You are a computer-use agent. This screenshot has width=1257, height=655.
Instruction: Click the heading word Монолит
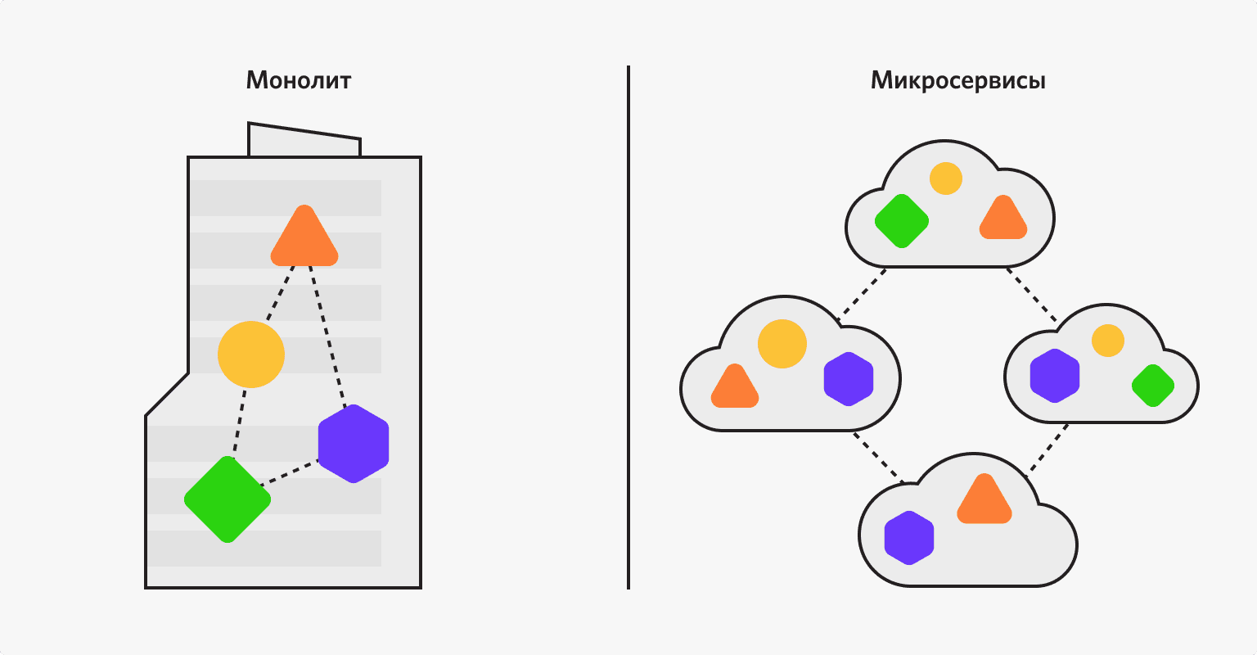[299, 81]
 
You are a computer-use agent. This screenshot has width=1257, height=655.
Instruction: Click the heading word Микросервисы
[958, 81]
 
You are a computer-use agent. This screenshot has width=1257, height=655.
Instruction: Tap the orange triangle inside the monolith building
[304, 239]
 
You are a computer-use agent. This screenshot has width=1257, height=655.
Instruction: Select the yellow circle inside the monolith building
[251, 355]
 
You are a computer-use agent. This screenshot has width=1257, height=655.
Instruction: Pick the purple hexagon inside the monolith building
[354, 444]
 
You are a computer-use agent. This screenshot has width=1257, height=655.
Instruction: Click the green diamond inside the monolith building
[228, 499]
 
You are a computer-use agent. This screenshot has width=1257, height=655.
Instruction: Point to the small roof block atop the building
[304, 141]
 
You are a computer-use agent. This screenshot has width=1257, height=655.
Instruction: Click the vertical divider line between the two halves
[628, 327]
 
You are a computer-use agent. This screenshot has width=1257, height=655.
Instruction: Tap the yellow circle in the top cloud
[946, 178]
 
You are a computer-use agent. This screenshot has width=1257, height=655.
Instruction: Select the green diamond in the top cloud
[902, 221]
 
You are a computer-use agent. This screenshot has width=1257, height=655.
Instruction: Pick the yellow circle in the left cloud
[782, 343]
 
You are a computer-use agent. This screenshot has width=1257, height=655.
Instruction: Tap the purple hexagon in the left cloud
[849, 378]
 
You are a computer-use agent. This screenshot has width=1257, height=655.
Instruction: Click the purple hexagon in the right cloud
[1055, 376]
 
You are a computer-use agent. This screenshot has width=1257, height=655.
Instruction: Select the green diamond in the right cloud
[1153, 386]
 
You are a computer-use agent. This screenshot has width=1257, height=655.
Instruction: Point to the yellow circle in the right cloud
[1108, 340]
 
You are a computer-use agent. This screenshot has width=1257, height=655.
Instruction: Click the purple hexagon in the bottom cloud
[909, 538]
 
